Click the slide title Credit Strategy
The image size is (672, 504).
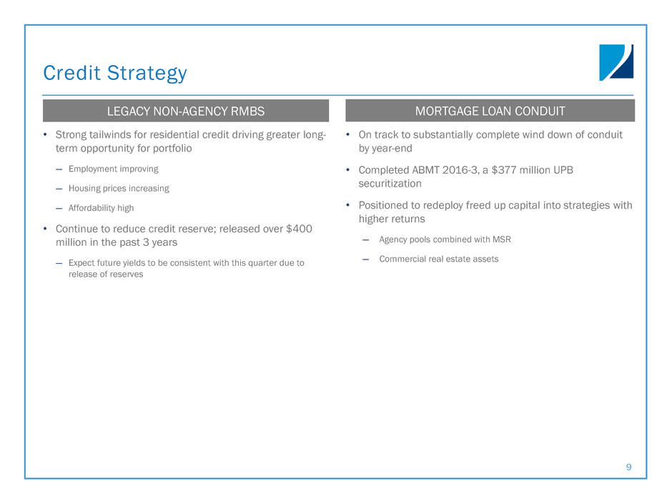(115, 73)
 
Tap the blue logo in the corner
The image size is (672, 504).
(616, 63)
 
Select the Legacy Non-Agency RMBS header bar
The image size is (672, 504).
(186, 111)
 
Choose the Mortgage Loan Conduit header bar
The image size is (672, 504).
(490, 111)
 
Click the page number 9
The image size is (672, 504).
(628, 467)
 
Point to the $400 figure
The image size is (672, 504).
(299, 229)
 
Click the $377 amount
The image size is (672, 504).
(504, 170)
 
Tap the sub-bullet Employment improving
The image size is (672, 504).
(114, 169)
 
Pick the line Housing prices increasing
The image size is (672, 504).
(119, 189)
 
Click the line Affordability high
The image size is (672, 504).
(101, 208)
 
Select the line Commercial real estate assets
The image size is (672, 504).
(439, 259)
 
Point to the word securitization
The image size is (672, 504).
(390, 184)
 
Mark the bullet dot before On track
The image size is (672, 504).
(348, 134)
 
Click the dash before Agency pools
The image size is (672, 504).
(365, 240)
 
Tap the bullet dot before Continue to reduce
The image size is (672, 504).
(45, 229)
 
